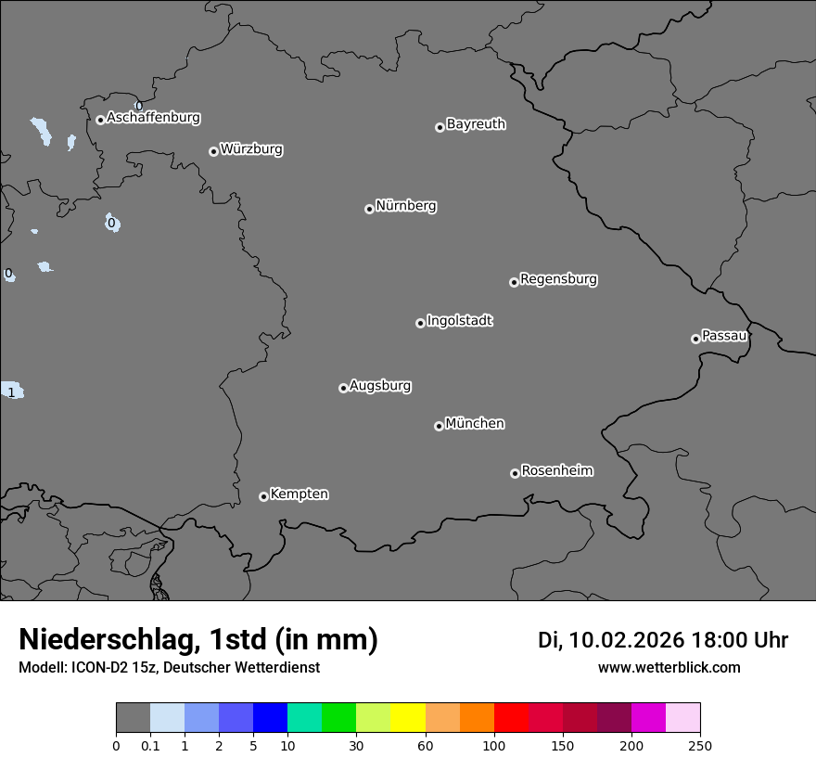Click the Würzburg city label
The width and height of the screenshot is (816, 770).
251,149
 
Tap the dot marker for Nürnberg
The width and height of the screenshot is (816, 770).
369,209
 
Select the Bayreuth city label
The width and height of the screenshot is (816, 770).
476,124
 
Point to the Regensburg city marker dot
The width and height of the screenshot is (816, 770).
514,282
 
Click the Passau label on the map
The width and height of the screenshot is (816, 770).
724,336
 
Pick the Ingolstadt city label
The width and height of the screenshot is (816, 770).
460,321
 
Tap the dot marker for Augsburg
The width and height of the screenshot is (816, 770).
343,388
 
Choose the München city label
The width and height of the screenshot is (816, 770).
475,424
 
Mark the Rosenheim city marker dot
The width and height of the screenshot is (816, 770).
515,474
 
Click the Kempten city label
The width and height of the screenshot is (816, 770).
299,494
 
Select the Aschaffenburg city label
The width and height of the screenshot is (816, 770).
153,118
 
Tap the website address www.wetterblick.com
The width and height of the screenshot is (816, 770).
669,668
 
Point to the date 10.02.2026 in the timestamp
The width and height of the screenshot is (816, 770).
626,640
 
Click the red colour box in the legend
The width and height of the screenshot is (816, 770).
511,718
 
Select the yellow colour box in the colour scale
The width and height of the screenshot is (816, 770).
408,718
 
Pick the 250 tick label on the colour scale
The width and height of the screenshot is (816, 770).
700,746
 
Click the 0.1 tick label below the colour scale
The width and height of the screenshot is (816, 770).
150,746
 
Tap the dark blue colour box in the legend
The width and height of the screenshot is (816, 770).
270,718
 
